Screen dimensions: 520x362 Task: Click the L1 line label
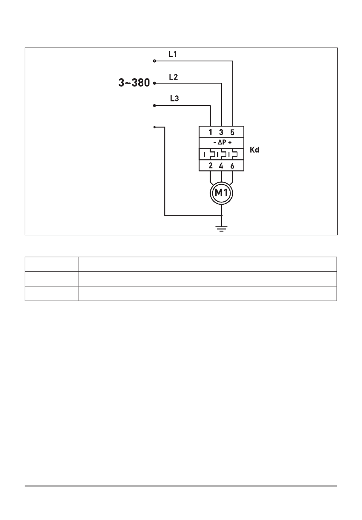pyautogui.click(x=173, y=54)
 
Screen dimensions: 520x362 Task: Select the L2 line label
pyautogui.click(x=173, y=77)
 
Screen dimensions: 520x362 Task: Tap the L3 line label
pyautogui.click(x=174, y=99)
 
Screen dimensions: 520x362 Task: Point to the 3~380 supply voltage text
pyautogui.click(x=134, y=83)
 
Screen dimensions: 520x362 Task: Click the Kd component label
pyautogui.click(x=255, y=150)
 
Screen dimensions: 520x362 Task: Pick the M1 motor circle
pyautogui.click(x=221, y=193)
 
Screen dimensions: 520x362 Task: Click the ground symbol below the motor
pyautogui.click(x=221, y=229)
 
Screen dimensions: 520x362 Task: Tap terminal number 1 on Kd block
pyautogui.click(x=210, y=132)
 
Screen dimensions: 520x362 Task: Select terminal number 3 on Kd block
pyautogui.click(x=221, y=132)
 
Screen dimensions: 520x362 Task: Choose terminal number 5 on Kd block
pyautogui.click(x=232, y=132)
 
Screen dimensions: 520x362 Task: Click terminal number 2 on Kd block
pyautogui.click(x=210, y=166)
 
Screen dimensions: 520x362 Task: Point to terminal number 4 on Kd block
pyautogui.click(x=221, y=166)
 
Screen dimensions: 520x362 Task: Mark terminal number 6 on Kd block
pyautogui.click(x=232, y=166)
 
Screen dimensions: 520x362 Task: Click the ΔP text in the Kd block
pyautogui.click(x=222, y=143)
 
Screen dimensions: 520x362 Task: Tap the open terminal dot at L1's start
pyautogui.click(x=154, y=61)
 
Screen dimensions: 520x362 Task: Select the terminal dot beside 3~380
pyautogui.click(x=154, y=83)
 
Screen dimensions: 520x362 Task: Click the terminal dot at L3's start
pyautogui.click(x=154, y=105)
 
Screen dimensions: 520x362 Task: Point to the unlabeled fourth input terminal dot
pyautogui.click(x=154, y=127)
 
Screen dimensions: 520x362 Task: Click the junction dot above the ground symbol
pyautogui.click(x=221, y=215)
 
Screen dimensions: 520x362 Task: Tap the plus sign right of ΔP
pyautogui.click(x=230, y=143)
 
